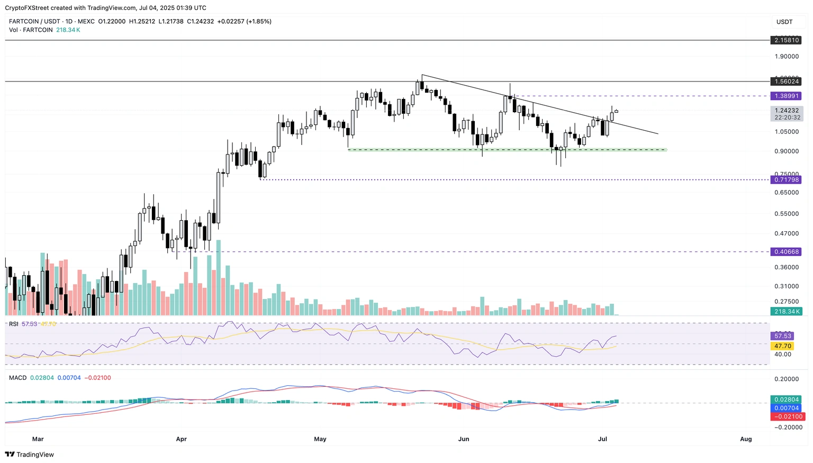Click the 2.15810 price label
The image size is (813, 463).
pos(786,40)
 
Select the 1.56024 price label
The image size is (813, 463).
pos(786,81)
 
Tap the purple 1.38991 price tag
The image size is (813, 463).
pos(786,96)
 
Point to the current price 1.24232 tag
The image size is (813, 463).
pos(787,111)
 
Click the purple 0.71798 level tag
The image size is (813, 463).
pos(787,180)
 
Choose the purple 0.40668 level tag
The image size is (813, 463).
pos(787,252)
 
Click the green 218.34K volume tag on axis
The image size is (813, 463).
pos(787,312)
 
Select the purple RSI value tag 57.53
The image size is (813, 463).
pos(783,336)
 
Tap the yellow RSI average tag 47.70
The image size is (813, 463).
pos(783,346)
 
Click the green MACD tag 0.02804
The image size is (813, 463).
pos(787,400)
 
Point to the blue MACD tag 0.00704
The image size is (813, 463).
pos(787,408)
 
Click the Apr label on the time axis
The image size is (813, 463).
pos(181,439)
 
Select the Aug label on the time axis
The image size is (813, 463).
pos(746,439)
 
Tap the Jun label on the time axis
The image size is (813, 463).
pos(464,439)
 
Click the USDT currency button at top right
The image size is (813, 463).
pos(784,22)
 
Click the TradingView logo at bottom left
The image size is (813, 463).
pos(30,455)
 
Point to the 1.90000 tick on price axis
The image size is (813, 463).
pos(787,57)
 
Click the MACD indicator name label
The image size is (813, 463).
pos(17,378)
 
